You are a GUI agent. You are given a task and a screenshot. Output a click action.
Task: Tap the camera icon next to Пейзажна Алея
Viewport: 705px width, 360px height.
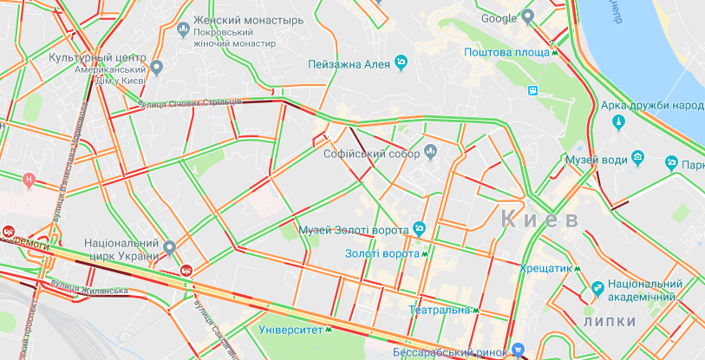[401, 62]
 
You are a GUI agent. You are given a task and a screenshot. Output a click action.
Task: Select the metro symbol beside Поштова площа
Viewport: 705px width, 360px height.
[554, 52]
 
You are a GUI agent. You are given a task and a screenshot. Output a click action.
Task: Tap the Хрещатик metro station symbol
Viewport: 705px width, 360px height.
[577, 268]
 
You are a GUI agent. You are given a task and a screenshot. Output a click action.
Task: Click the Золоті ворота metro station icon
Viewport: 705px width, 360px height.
[425, 254]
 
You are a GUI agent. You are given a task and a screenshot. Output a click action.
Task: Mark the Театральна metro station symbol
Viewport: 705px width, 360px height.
[476, 310]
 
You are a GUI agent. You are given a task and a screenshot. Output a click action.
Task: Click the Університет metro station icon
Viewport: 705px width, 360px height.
[329, 330]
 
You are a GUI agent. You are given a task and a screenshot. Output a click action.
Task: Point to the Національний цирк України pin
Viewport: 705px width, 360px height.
[170, 246]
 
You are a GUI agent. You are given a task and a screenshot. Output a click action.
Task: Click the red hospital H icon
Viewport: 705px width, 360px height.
[29, 180]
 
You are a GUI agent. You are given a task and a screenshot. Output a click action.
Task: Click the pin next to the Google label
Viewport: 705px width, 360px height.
[528, 17]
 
